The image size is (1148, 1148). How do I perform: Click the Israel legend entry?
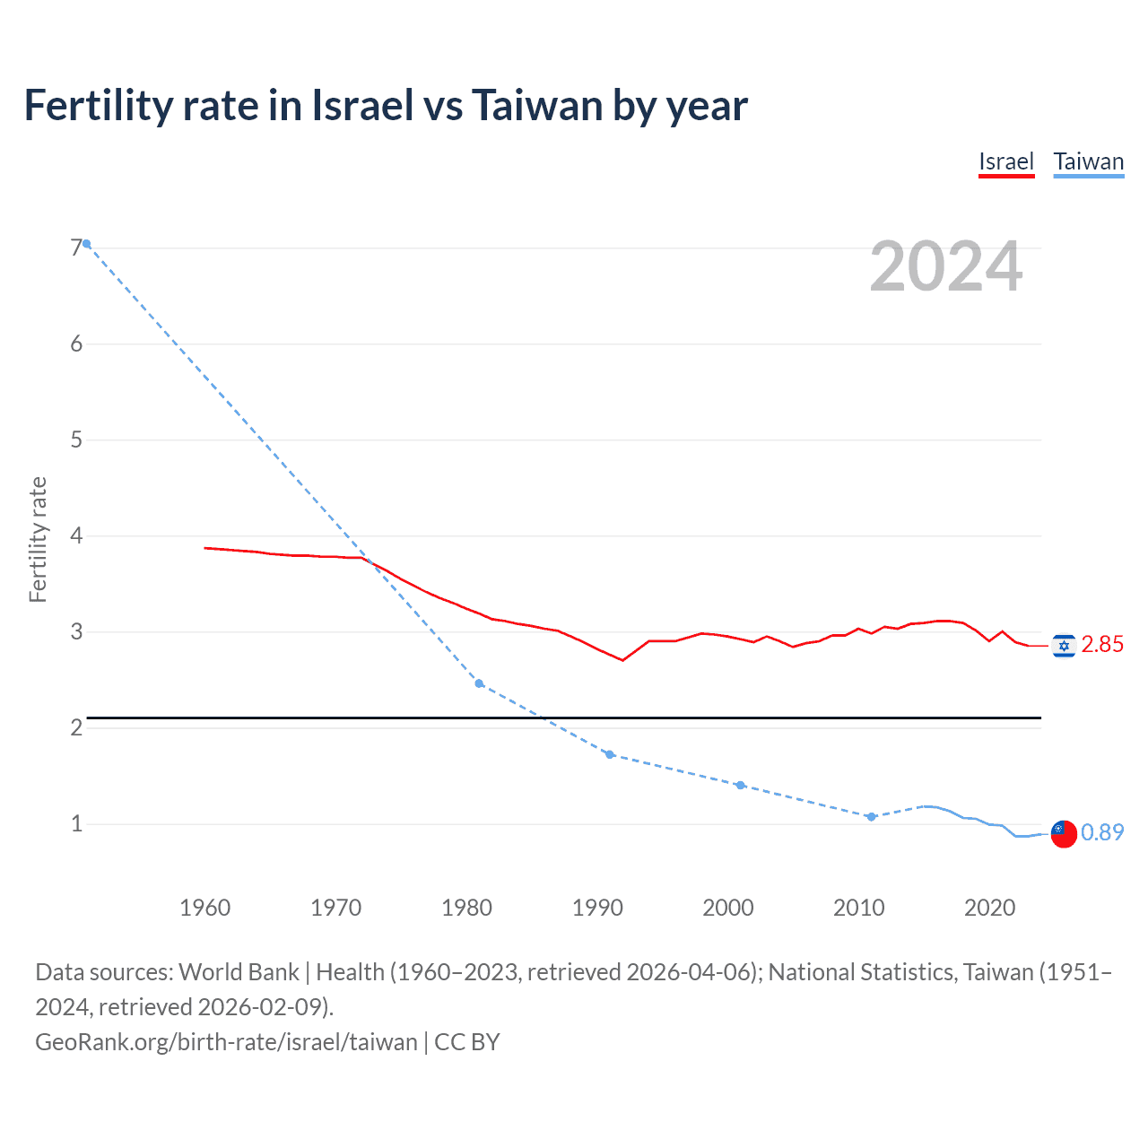point(1005,161)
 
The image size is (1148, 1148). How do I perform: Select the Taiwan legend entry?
point(1088,161)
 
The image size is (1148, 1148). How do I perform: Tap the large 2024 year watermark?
point(945,266)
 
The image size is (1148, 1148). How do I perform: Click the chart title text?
point(386,106)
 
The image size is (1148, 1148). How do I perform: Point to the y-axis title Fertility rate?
point(38,539)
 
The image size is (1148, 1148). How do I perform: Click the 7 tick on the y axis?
point(76,248)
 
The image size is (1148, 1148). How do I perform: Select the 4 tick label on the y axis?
point(76,536)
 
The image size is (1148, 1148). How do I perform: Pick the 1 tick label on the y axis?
point(76,823)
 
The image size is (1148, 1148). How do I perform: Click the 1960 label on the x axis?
point(204,908)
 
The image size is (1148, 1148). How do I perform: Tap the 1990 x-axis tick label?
point(597,908)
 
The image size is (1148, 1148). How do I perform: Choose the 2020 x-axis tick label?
point(989,908)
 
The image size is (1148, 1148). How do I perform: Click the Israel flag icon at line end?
point(1064,646)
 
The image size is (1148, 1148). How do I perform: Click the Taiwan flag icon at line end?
point(1064,833)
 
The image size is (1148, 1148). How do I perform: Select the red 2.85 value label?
point(1102,645)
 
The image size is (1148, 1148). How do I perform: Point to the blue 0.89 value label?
point(1102,832)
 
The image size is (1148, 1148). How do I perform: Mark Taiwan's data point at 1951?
point(87,244)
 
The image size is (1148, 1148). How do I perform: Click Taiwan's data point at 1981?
point(479,683)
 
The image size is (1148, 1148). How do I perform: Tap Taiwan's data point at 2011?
point(871,816)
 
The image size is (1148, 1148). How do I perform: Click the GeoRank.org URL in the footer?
point(226,1042)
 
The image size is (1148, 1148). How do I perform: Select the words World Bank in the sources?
point(239,972)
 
